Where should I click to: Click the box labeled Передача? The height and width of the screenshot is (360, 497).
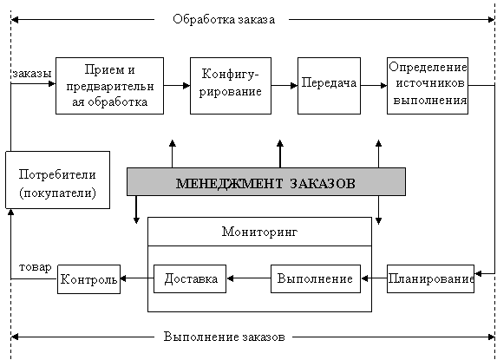(x=329, y=86)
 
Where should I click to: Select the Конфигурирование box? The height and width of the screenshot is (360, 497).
(x=231, y=86)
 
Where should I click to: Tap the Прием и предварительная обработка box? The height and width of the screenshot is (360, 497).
(x=109, y=86)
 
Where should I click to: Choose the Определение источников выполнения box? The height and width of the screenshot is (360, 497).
(x=428, y=86)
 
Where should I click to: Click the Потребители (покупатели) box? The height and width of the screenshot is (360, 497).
(x=58, y=180)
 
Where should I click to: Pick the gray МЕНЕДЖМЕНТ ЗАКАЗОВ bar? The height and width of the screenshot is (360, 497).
(x=266, y=181)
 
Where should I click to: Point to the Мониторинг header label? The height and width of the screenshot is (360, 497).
(x=259, y=232)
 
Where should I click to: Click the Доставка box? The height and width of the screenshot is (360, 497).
(x=190, y=278)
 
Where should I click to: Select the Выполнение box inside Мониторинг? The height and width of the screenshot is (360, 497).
(x=316, y=278)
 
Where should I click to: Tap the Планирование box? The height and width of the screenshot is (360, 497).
(x=430, y=278)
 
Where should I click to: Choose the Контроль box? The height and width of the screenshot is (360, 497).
(x=88, y=279)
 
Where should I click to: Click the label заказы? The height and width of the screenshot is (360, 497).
(x=32, y=74)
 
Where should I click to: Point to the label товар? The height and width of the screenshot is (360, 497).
(x=36, y=267)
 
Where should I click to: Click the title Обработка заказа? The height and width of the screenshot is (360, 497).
(x=224, y=19)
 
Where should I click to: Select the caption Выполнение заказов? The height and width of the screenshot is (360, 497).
(x=224, y=337)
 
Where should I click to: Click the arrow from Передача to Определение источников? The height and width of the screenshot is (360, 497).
(x=374, y=85)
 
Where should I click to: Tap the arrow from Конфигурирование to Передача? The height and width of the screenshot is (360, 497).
(x=284, y=85)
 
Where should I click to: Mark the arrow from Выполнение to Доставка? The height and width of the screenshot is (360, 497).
(x=249, y=278)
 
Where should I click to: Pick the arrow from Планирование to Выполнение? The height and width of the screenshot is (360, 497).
(x=374, y=278)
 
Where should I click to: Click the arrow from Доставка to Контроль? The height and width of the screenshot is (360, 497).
(x=137, y=278)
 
